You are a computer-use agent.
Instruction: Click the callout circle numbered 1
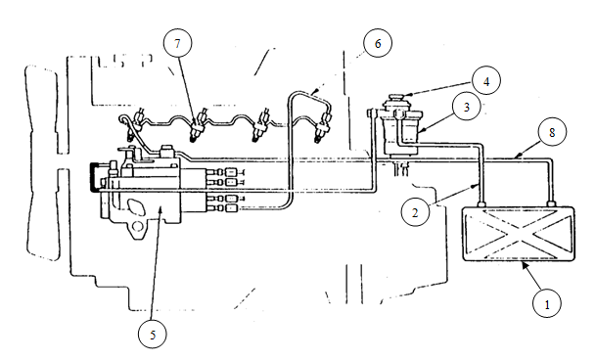[x=547, y=303]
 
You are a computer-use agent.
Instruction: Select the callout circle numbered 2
[x=415, y=212]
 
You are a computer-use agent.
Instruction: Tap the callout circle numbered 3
[x=467, y=107]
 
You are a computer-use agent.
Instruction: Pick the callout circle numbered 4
[x=486, y=81]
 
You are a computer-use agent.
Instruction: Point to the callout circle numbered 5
[x=153, y=335]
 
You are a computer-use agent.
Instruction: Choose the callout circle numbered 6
[x=378, y=43]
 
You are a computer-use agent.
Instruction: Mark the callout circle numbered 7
[x=177, y=43]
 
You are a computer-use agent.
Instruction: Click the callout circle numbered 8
[x=552, y=132]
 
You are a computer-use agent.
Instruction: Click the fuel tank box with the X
[x=519, y=234]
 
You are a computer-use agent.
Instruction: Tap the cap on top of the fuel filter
[x=396, y=97]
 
